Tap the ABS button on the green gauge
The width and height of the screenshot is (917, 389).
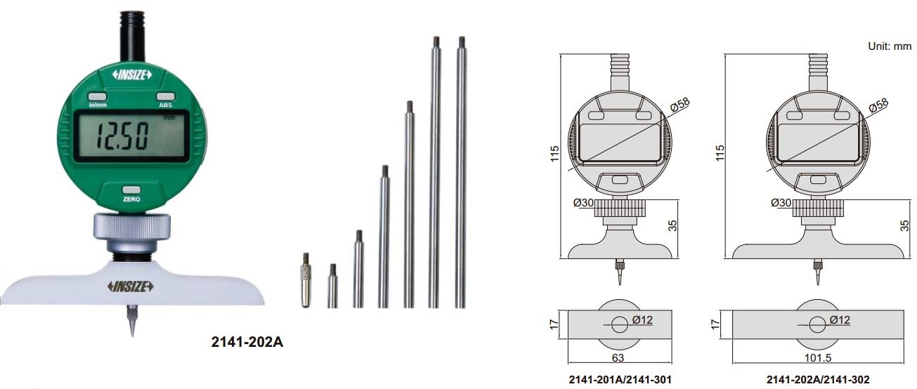point(165,97)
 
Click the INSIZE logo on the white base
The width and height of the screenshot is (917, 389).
point(131,286)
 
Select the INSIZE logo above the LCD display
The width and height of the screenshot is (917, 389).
point(131,75)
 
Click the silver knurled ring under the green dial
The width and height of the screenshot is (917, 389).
point(131,226)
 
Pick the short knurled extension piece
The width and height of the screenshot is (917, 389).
point(306,279)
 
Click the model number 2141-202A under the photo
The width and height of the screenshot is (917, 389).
point(247,343)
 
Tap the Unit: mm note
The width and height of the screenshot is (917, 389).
point(890,46)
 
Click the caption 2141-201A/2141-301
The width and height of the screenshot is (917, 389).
point(620,380)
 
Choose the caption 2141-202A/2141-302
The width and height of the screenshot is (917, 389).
point(818,380)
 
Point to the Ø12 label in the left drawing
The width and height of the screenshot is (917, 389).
point(643,319)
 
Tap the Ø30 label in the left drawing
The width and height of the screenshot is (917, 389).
point(585,202)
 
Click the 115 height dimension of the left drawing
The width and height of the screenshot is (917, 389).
point(554,154)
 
